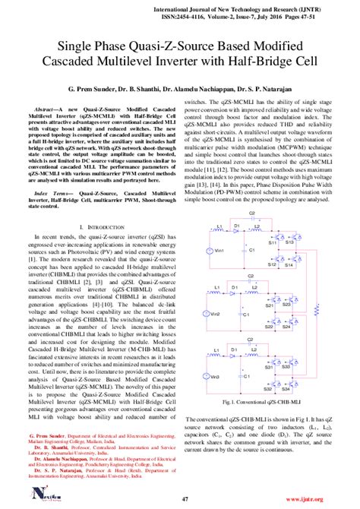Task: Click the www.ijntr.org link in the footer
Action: [329, 500]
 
